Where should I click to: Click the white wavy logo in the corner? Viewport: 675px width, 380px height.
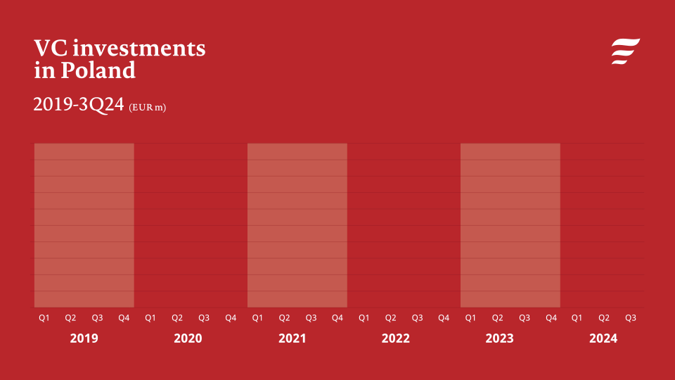coord(625,51)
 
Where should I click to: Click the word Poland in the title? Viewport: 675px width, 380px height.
coord(98,70)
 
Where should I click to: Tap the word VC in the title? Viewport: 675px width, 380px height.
coord(51,48)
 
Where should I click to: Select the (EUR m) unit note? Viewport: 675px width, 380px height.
coord(148,108)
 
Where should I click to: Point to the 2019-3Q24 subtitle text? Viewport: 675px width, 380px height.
coord(79,105)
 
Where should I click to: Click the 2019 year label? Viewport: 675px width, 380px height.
coord(84,338)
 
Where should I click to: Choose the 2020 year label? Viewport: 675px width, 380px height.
coord(188,338)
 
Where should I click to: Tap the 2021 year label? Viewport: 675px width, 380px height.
coord(292,338)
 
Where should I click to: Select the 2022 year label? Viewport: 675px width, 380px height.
coord(395,338)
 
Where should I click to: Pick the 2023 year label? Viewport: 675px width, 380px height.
coord(499,338)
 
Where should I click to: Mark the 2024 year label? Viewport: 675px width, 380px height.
coord(603,338)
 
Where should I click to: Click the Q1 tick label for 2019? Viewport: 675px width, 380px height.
coord(44,318)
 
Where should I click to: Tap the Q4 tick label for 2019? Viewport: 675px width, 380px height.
coord(124,318)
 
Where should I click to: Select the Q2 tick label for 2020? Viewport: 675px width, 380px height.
coord(177,318)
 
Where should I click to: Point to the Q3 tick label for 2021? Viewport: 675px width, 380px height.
coord(311,318)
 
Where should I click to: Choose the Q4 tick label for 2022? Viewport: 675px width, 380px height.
coord(444,318)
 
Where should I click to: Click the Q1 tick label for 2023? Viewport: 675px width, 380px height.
coord(470,318)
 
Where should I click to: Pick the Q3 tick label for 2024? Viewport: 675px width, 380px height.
coord(631,318)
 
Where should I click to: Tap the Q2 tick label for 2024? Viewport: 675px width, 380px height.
coord(604,318)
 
